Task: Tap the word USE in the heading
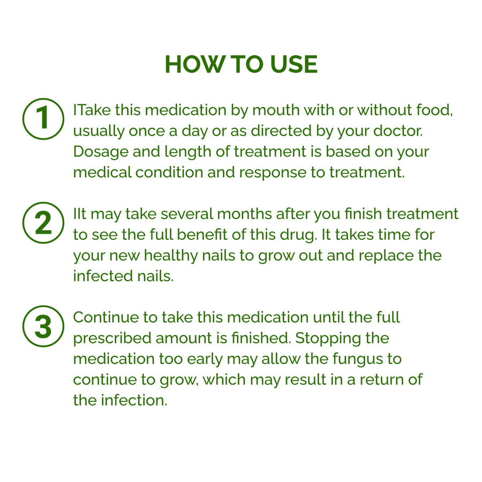point(294,64)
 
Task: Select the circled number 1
point(43,119)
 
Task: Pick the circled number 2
point(43,223)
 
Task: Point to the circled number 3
point(43,326)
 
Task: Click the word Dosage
point(101,152)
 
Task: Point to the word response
point(273,173)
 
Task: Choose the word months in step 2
point(244,214)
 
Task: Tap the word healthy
point(171,256)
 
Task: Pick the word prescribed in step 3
point(112,338)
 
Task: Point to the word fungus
point(358,359)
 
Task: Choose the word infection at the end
point(134,400)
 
